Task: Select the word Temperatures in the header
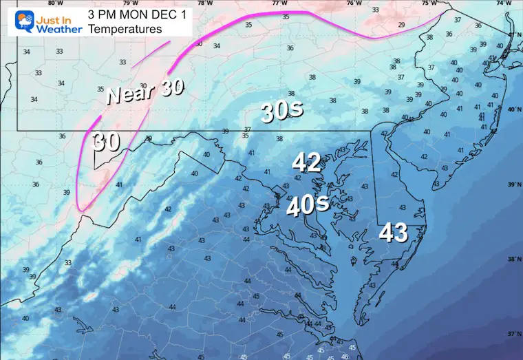coord(127,30)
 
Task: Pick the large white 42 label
coord(306,162)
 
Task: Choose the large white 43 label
coord(393,233)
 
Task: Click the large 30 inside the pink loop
coord(107,142)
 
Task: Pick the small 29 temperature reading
coord(401,25)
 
